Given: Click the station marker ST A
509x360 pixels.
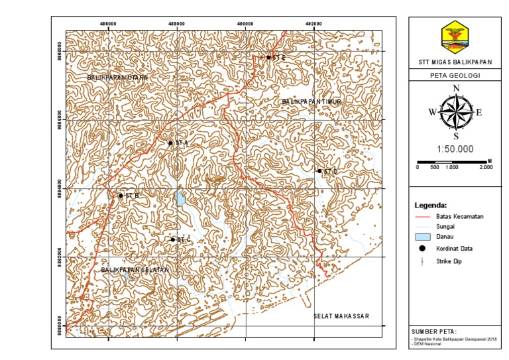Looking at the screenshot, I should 170,143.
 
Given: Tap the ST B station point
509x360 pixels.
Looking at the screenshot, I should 121,196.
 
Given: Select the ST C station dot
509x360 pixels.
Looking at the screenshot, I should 173,239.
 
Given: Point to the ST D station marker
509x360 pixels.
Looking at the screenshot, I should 319,170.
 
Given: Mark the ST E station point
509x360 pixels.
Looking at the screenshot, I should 269,57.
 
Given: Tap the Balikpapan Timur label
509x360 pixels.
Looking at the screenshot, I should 311,101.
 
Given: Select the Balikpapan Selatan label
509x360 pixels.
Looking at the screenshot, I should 136,270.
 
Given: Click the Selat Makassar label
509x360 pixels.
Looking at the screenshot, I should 340,316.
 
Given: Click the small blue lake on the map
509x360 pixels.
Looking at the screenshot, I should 180,198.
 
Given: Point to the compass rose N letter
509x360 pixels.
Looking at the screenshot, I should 455,88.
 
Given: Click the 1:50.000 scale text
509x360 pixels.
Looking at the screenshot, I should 455,149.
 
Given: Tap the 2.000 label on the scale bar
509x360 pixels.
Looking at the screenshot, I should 486,167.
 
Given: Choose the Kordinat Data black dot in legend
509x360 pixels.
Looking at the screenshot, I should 422,248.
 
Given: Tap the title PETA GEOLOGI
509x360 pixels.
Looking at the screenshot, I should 455,76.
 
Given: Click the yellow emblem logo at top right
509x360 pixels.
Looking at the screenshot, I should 455,37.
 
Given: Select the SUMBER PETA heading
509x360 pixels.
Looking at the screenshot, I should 434,331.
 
